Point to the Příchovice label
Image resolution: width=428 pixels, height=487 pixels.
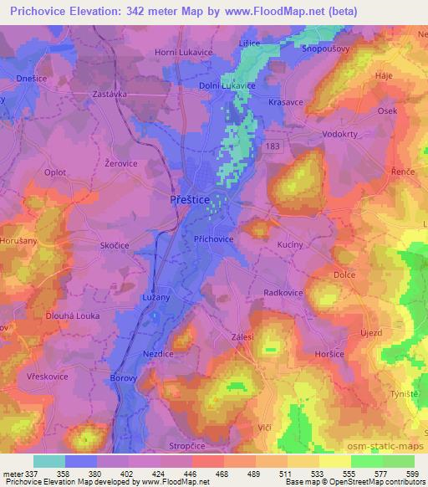click(214, 238)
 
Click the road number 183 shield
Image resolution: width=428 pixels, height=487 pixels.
click(273, 146)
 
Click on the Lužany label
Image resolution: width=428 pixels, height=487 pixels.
click(156, 297)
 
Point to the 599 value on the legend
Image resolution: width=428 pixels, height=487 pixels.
click(410, 472)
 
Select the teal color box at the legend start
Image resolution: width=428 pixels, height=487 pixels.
click(48, 461)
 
